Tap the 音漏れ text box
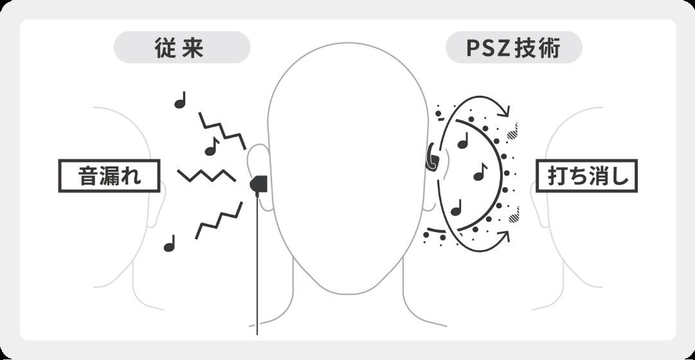click(109, 175)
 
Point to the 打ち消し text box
click(586, 175)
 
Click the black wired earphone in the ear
click(258, 186)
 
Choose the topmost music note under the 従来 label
click(181, 100)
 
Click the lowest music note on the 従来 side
click(170, 244)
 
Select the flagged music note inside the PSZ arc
click(480, 172)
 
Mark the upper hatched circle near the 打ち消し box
click(512, 133)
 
